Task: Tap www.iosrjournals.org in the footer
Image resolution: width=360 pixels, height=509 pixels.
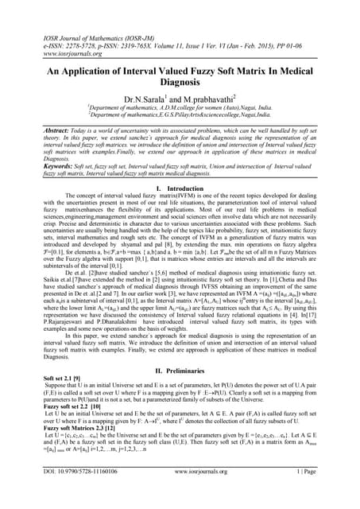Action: point(180,493)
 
